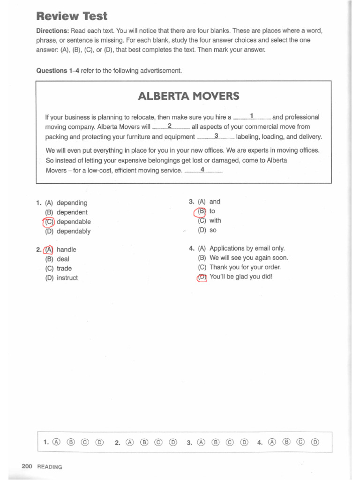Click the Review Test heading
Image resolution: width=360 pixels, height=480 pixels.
click(72, 16)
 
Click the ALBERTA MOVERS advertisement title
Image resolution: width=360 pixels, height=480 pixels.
click(188, 96)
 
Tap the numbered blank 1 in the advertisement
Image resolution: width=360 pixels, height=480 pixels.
click(252, 116)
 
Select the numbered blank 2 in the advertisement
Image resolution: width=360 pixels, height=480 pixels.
click(170, 126)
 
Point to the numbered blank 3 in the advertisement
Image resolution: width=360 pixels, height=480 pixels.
click(216, 136)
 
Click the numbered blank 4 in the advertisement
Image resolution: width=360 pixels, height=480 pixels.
click(202, 170)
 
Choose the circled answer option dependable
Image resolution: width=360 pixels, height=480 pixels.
click(74, 222)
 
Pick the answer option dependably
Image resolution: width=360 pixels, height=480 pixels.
click(74, 231)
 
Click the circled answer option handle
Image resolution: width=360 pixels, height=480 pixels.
click(66, 249)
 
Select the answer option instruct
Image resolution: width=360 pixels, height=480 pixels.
click(67, 277)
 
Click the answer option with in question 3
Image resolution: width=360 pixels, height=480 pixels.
click(215, 220)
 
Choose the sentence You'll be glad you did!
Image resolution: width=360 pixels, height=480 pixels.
click(240, 277)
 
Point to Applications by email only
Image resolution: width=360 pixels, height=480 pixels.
click(247, 248)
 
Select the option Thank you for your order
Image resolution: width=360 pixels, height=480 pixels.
click(245, 267)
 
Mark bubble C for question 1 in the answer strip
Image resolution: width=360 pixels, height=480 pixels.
click(85, 442)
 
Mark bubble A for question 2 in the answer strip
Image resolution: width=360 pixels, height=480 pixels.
click(130, 442)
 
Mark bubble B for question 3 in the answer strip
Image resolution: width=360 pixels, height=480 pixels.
click(216, 442)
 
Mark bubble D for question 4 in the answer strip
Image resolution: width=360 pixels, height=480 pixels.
click(315, 442)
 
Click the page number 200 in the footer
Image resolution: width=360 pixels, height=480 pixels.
click(26, 466)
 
